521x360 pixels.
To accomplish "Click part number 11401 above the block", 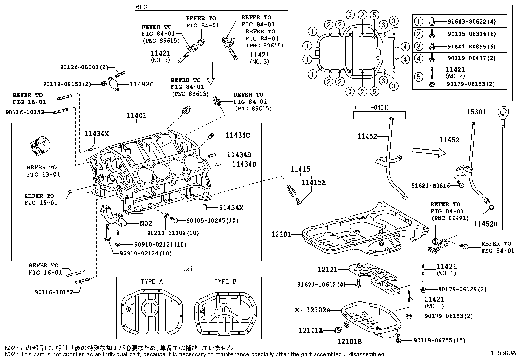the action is tap(136, 116).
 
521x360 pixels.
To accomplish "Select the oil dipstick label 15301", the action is tap(476, 112).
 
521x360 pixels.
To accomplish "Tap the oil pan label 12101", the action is tap(281, 234).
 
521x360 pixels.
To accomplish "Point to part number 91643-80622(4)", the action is tap(472, 22).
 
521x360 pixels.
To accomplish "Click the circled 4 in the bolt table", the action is tap(419, 58).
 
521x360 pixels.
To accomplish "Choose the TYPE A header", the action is tap(152, 281).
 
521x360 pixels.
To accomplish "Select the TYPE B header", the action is tap(225, 281).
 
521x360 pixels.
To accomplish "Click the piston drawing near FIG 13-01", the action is tap(40, 145).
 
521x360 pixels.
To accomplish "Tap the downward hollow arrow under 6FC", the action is tap(211, 73).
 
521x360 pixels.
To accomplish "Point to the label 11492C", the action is tap(141, 84).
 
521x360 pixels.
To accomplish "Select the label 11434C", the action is tap(238, 135).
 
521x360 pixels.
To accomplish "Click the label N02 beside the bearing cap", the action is tap(146, 223).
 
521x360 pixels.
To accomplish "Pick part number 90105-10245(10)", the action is tap(212, 220).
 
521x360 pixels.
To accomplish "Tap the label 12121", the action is tap(328, 269).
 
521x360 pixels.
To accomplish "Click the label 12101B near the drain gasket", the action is tap(349, 341).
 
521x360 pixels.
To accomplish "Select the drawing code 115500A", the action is tap(503, 353).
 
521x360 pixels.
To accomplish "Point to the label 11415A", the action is tap(314, 182).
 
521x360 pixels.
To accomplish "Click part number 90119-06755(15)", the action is tap(440, 340).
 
